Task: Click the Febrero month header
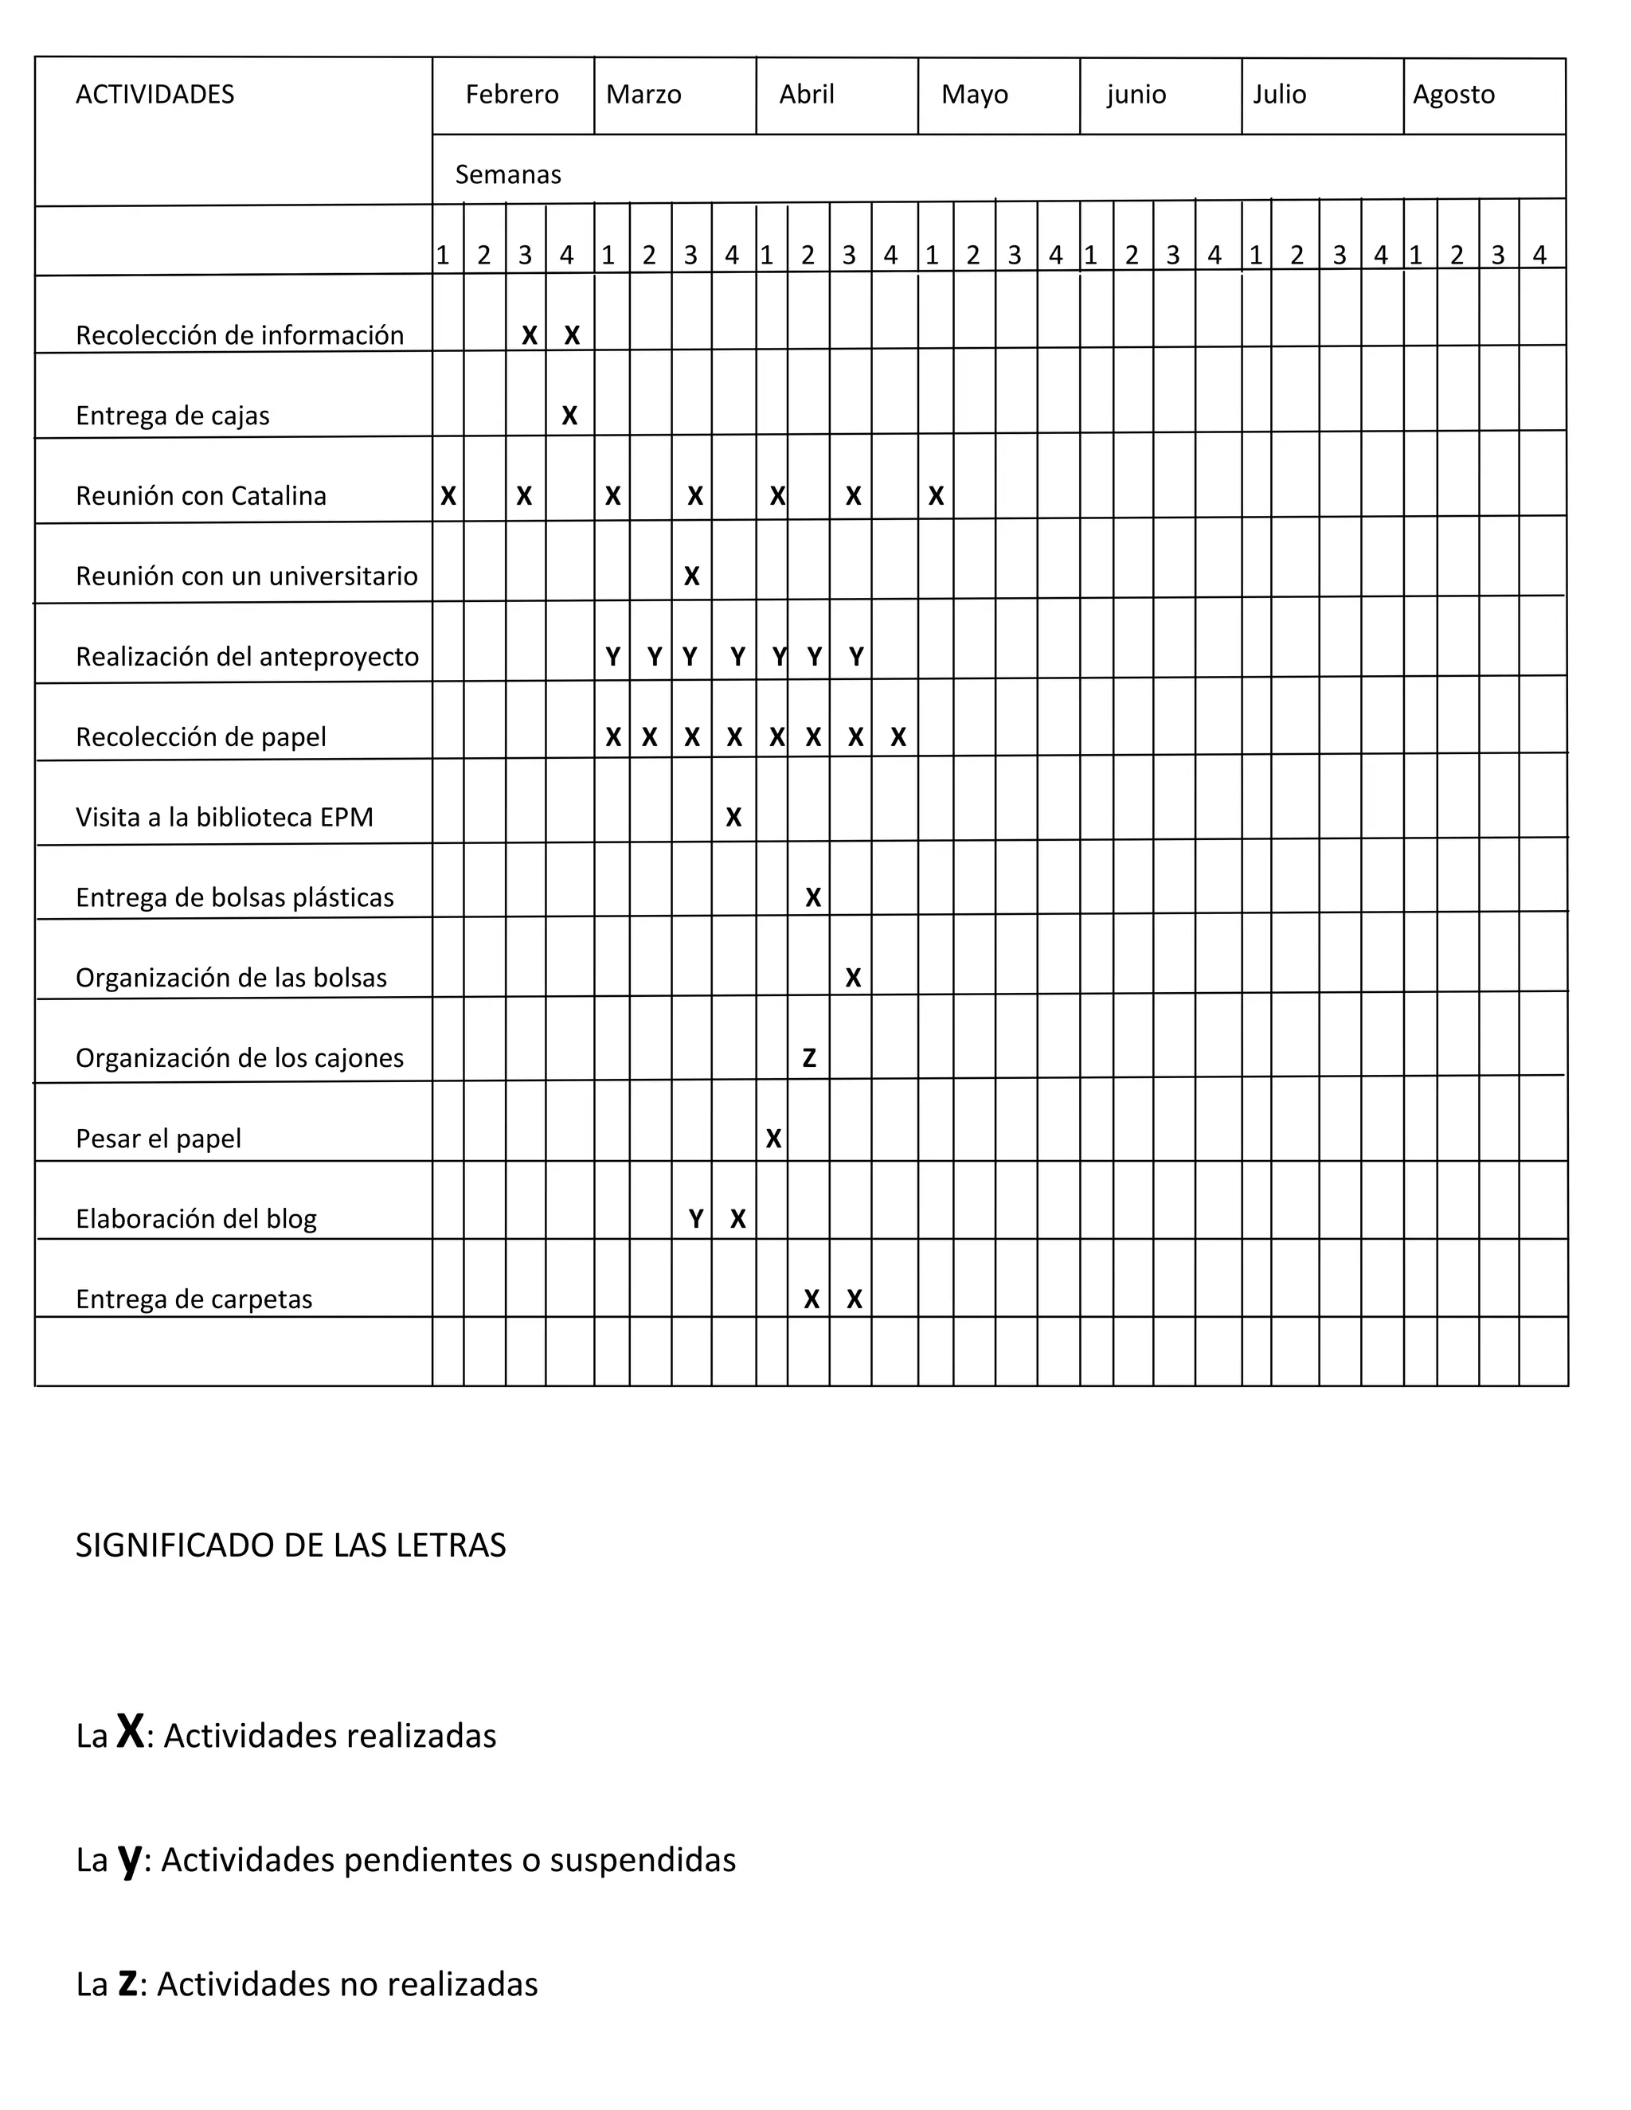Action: (x=512, y=95)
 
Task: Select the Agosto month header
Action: (x=1453, y=95)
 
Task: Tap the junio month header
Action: (x=1136, y=95)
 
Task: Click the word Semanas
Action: (x=508, y=175)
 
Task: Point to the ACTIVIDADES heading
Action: (x=154, y=95)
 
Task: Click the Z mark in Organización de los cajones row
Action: (x=810, y=1058)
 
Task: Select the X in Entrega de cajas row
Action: (x=570, y=416)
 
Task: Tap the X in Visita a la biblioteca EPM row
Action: (x=734, y=818)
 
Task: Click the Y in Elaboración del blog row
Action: (x=696, y=1219)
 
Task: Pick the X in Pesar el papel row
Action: (x=774, y=1139)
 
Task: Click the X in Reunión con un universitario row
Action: (x=692, y=576)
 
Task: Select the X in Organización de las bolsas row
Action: (x=853, y=978)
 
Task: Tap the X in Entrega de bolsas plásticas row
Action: (x=814, y=897)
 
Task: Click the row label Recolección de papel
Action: (x=201, y=737)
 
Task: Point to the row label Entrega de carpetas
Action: (x=194, y=1299)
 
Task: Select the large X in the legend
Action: (x=131, y=1730)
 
